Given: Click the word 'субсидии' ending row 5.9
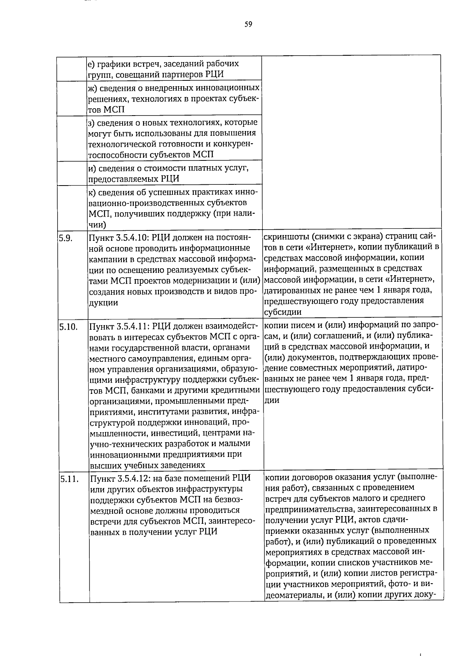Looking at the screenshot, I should (x=283, y=312).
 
